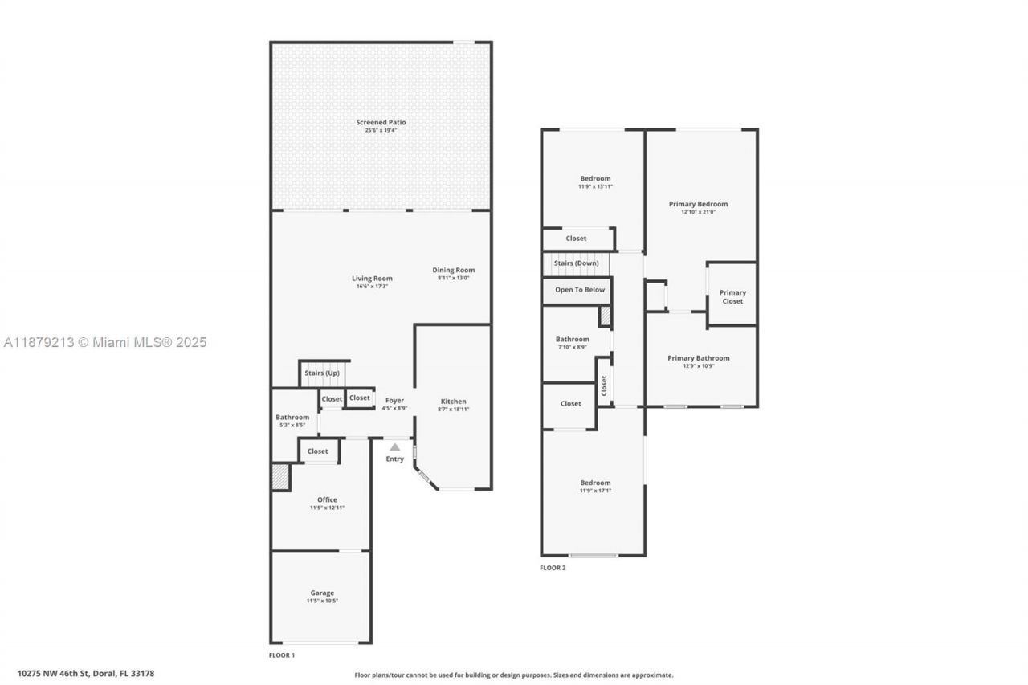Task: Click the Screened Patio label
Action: click(x=381, y=123)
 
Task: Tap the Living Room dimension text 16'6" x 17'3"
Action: click(x=372, y=287)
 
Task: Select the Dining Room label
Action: click(x=454, y=271)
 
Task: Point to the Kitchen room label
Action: click(x=454, y=402)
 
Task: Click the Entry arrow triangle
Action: click(x=394, y=447)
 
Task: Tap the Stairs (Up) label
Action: click(x=322, y=373)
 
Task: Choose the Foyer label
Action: click(x=394, y=401)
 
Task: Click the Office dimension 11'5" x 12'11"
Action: click(x=327, y=508)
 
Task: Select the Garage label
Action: click(x=322, y=593)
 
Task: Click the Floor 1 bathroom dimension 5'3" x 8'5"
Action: click(x=292, y=425)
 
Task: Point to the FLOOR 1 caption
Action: click(x=282, y=655)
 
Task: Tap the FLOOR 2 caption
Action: click(x=553, y=568)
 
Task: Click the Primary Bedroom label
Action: click(x=698, y=204)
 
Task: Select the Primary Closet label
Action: click(x=732, y=297)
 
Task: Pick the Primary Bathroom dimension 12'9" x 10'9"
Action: click(x=699, y=365)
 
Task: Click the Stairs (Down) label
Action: click(x=577, y=263)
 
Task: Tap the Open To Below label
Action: click(x=580, y=290)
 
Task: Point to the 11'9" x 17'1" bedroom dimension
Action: click(x=595, y=491)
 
